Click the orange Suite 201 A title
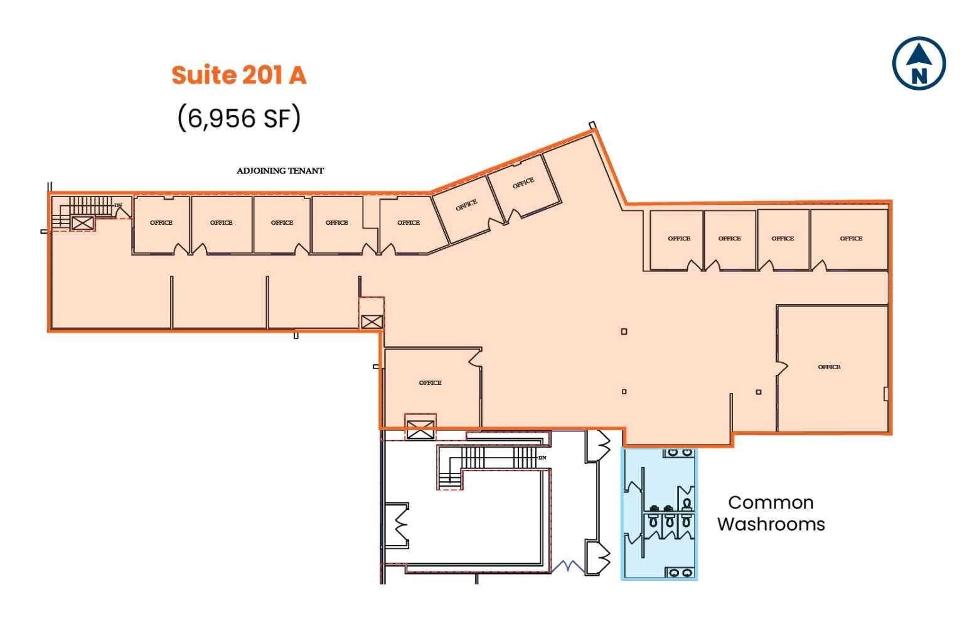tap(238, 75)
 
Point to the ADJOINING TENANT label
tap(280, 171)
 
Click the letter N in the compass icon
tap(919, 76)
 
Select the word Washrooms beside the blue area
tap(771, 524)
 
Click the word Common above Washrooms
tap(771, 502)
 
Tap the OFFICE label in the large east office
tap(829, 367)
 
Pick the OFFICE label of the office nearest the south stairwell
tap(430, 382)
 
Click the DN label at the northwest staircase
tap(118, 205)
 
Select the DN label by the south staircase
tap(542, 458)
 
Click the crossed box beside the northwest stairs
tap(82, 222)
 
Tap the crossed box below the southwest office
tap(420, 430)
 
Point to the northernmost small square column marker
tap(624, 332)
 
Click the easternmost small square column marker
tap(759, 392)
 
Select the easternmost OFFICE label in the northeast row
tap(851, 238)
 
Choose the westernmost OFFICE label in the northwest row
tap(161, 222)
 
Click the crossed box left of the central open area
tap(371, 322)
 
